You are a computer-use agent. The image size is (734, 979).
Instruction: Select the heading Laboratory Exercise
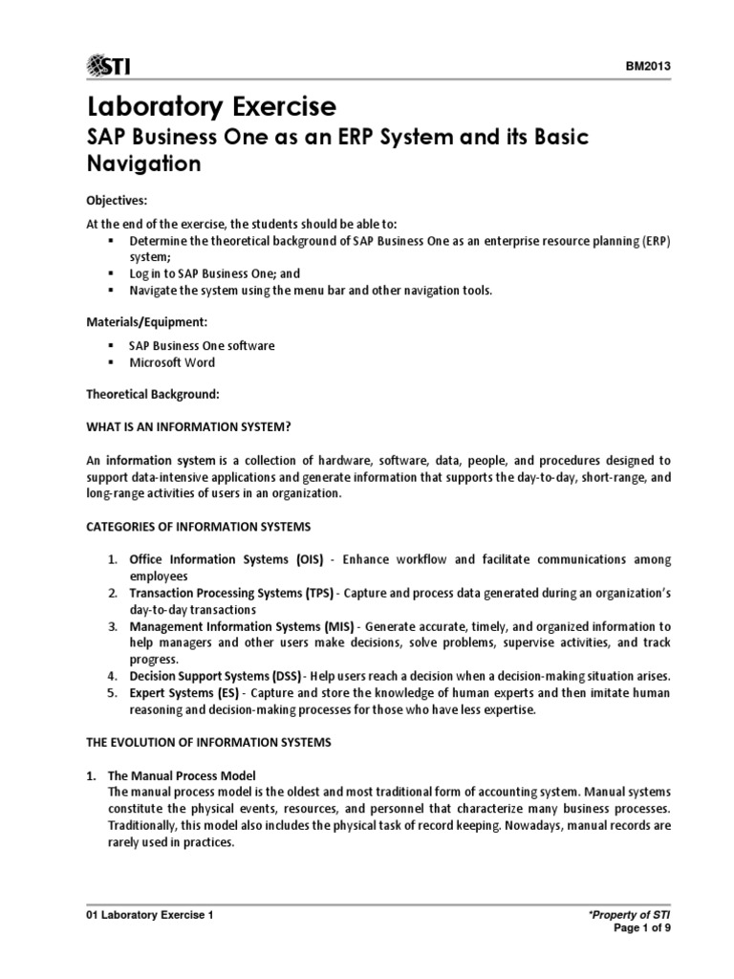pos(212,105)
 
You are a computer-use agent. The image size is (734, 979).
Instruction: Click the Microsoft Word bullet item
pos(172,362)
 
